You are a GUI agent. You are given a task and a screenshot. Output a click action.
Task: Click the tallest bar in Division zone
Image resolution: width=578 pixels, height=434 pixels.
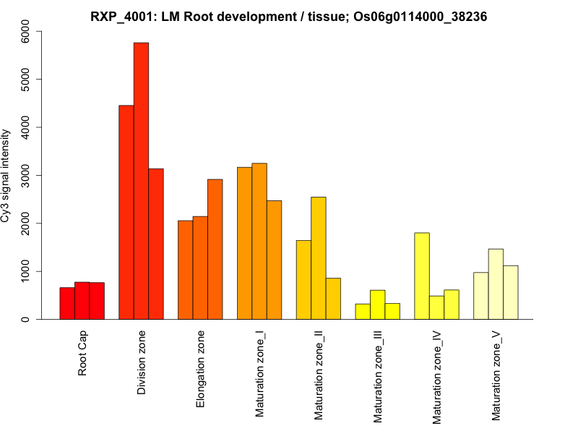click(x=141, y=181)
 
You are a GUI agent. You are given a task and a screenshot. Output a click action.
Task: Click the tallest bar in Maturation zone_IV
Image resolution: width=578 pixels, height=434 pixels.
click(x=422, y=276)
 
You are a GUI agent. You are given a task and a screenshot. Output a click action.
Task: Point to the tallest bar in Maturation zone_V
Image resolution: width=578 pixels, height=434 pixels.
click(x=496, y=284)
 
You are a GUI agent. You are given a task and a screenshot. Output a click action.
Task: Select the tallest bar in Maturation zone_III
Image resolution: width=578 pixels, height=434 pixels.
click(x=378, y=305)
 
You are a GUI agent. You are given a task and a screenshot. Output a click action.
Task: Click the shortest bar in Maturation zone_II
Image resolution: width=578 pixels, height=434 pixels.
click(x=333, y=299)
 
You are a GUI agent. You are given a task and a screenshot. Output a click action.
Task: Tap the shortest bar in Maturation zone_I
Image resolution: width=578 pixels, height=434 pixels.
click(x=274, y=260)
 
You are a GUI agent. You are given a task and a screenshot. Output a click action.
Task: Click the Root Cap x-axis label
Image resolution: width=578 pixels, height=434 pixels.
click(x=82, y=354)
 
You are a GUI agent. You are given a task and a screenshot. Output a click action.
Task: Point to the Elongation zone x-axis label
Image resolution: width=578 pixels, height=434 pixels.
click(x=201, y=369)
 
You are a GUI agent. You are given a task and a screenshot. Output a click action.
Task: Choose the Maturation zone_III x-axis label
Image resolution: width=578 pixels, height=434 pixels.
click(x=378, y=376)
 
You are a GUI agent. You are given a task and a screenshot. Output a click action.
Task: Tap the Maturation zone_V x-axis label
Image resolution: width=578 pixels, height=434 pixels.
click(x=496, y=375)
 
